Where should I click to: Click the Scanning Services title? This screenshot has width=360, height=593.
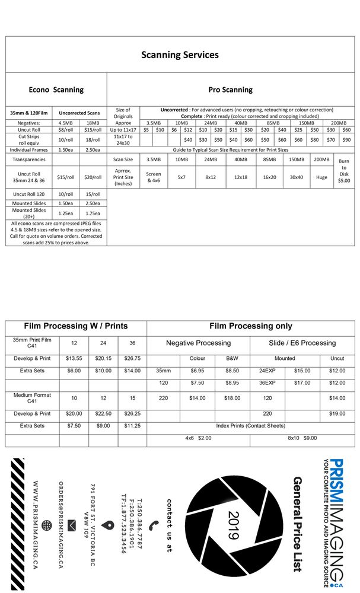pos(180,55)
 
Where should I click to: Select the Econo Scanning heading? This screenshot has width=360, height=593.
pos(56,90)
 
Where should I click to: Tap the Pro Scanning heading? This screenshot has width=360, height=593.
pos(230,90)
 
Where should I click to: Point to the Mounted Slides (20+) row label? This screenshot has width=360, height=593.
pos(30,213)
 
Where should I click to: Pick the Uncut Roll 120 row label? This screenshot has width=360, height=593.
pos(30,194)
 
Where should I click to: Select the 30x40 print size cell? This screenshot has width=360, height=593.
pos(296,177)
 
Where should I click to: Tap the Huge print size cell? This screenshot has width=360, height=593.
pos(321,177)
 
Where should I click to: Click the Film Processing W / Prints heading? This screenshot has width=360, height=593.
pos(76,326)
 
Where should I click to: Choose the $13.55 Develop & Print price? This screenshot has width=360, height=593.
pos(74,358)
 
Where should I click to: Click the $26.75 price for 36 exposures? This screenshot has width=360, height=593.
pos(132,358)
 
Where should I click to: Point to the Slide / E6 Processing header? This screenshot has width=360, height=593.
pos(302,343)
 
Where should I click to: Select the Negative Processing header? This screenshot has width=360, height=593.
pos(198,343)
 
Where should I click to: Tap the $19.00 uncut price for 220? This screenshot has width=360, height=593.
pos(337,414)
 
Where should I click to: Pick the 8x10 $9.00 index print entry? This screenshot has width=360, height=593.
pos(302,438)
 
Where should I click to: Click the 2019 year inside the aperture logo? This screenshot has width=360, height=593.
pos(233,525)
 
